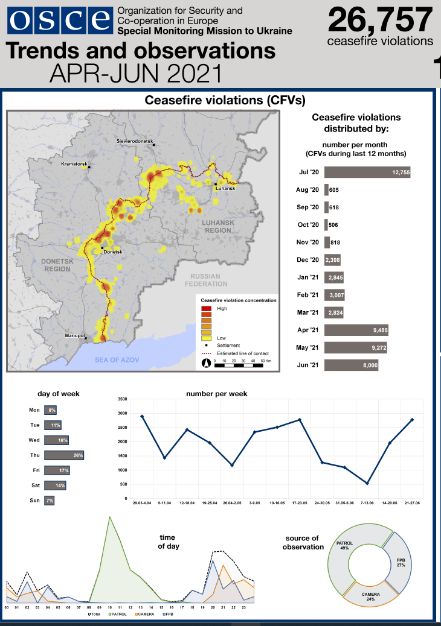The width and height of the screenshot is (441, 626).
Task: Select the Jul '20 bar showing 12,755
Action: (367, 172)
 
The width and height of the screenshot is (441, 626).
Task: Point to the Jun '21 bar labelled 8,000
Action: (351, 365)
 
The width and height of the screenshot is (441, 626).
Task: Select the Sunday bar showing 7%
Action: (49, 501)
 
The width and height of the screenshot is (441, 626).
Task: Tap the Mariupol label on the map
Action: (75, 335)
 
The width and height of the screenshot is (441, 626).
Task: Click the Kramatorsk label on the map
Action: (75, 164)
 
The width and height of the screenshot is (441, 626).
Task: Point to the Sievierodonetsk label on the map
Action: (134, 141)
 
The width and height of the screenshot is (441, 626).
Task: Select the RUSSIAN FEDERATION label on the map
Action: (206, 280)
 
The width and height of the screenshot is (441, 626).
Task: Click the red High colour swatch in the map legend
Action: (206, 308)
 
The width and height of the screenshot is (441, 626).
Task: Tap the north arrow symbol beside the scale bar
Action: (206, 363)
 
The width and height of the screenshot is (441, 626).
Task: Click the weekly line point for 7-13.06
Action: (367, 483)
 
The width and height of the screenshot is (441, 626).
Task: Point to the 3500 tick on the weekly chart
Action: (122, 399)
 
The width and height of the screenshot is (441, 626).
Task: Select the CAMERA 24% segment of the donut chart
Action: (371, 596)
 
